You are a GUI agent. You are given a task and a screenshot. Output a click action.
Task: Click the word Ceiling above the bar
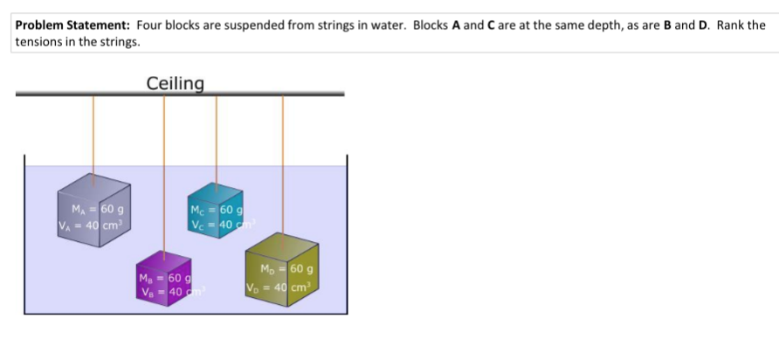click(x=175, y=84)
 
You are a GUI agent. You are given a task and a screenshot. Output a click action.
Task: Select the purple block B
click(x=163, y=278)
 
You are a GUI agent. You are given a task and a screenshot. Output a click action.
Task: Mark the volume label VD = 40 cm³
click(x=279, y=287)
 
